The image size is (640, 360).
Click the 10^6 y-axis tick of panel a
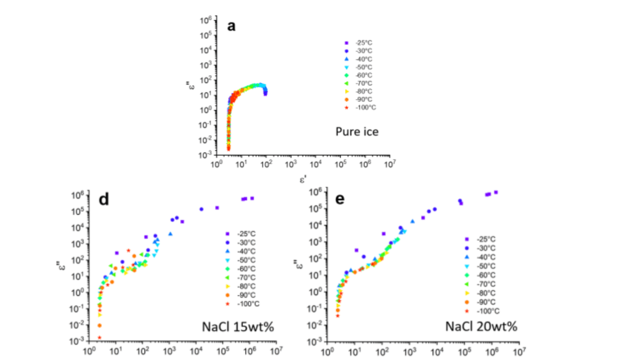[x=205, y=21]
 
